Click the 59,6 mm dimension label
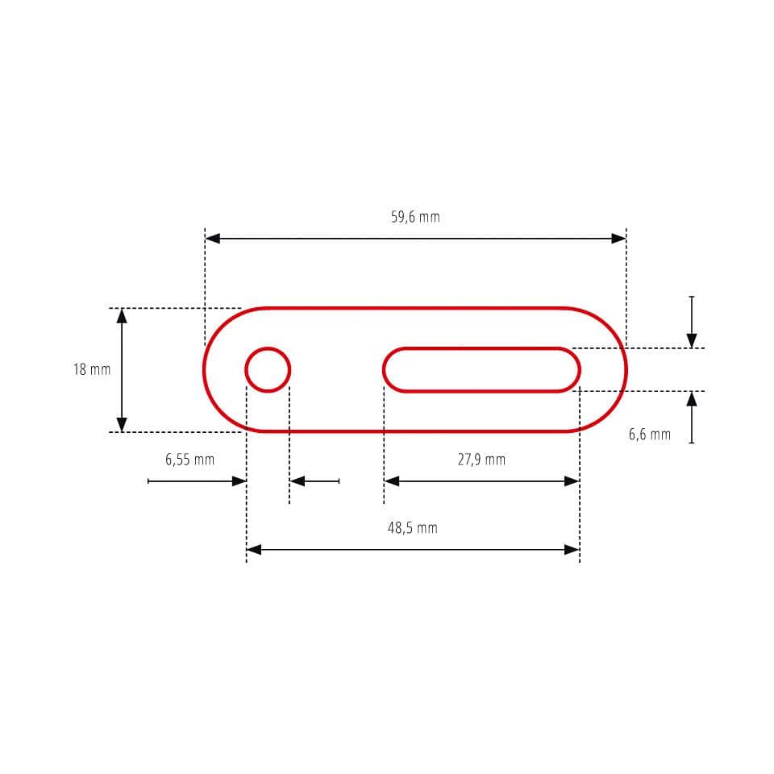coord(415,217)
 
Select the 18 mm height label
coord(92,369)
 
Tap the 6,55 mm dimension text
coord(190,460)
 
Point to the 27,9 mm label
coord(482,460)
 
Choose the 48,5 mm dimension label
coord(413,528)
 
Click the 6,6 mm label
coord(650,435)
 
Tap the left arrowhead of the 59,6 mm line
coord(213,239)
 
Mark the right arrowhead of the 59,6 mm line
coord(619,239)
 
